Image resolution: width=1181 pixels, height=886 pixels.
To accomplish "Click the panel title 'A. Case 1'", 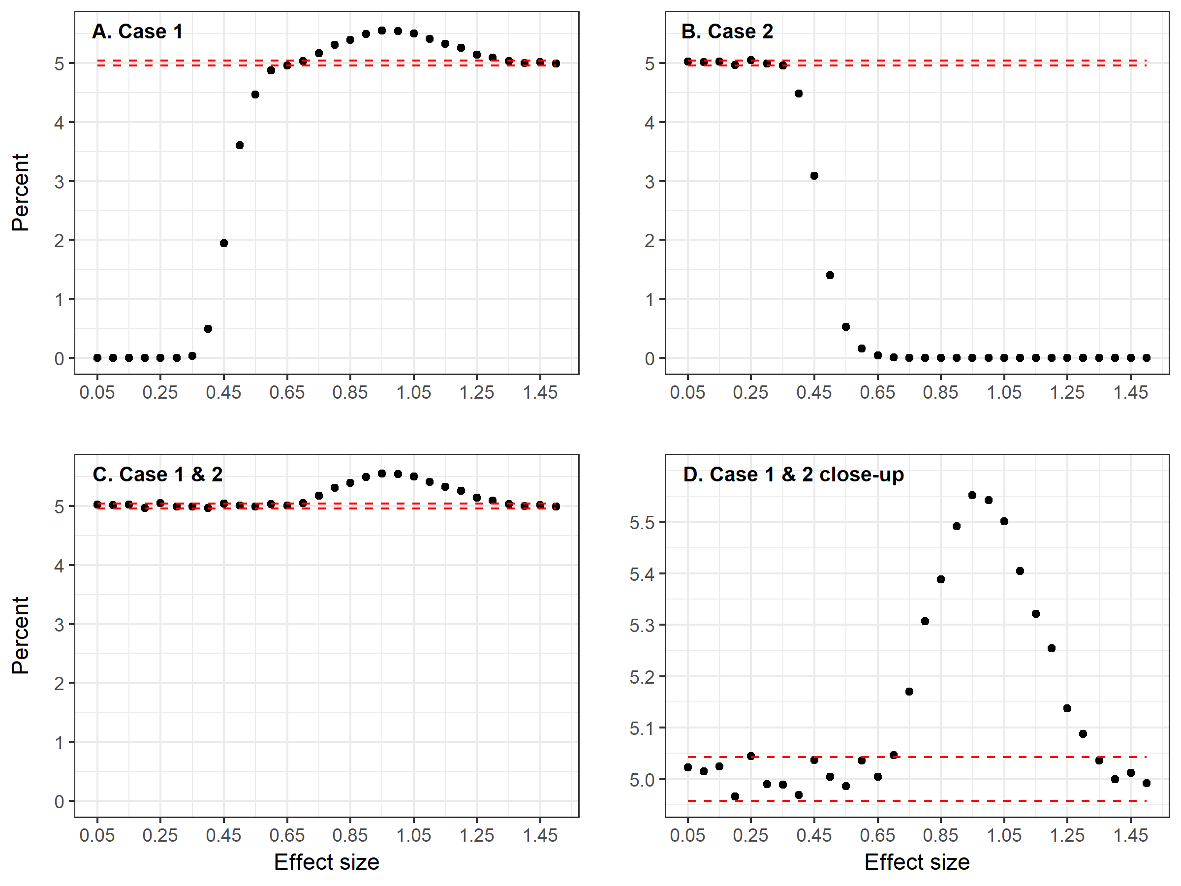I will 137,32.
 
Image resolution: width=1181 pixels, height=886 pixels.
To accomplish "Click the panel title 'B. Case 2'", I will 727,32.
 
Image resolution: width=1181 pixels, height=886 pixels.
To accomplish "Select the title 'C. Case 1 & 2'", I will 157,474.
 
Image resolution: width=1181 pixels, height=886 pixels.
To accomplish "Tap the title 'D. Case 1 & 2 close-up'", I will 793,474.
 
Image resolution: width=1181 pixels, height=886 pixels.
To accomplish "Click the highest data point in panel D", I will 972,495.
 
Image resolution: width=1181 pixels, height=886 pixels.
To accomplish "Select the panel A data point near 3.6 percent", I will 240,145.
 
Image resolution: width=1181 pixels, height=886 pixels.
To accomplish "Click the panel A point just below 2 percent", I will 224,243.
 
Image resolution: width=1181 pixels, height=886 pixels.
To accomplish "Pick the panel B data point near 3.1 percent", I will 814,176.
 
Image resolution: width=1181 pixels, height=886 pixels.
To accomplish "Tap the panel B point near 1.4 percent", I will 830,275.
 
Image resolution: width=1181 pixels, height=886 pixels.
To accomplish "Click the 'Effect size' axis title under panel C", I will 326,862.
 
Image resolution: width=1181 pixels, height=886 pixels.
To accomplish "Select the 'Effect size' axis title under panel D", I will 917,862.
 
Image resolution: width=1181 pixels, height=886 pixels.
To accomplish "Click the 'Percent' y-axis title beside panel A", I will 20,192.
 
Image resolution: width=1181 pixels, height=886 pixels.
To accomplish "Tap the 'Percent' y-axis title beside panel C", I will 20,635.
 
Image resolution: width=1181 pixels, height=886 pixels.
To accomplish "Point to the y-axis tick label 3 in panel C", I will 59,624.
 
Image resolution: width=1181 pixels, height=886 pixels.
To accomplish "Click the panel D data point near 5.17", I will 909,692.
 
